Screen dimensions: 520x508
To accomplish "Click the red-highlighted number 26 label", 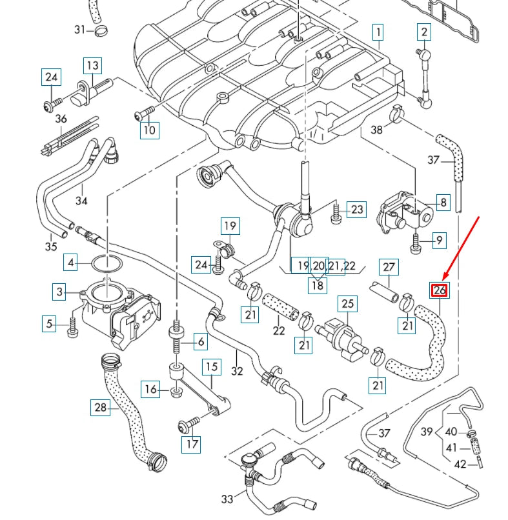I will click(440, 290).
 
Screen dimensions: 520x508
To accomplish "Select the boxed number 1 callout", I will click(377, 31).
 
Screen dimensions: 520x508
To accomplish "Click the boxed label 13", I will click(92, 65).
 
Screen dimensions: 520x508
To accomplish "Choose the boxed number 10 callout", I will click(149, 130).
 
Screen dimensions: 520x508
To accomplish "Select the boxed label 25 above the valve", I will click(348, 303).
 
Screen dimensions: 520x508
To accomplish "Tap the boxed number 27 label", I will click(389, 266).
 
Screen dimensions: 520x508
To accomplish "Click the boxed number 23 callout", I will click(357, 209).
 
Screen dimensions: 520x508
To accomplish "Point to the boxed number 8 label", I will click(443, 203).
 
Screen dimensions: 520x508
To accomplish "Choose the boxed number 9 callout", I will click(439, 241).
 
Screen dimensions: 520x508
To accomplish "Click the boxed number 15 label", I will click(212, 368).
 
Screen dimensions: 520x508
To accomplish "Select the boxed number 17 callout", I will click(192, 444).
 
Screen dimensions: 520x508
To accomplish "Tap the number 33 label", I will click(227, 499).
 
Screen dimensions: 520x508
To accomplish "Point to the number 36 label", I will click(61, 119).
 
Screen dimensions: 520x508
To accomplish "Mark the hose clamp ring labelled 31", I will click(101, 30).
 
